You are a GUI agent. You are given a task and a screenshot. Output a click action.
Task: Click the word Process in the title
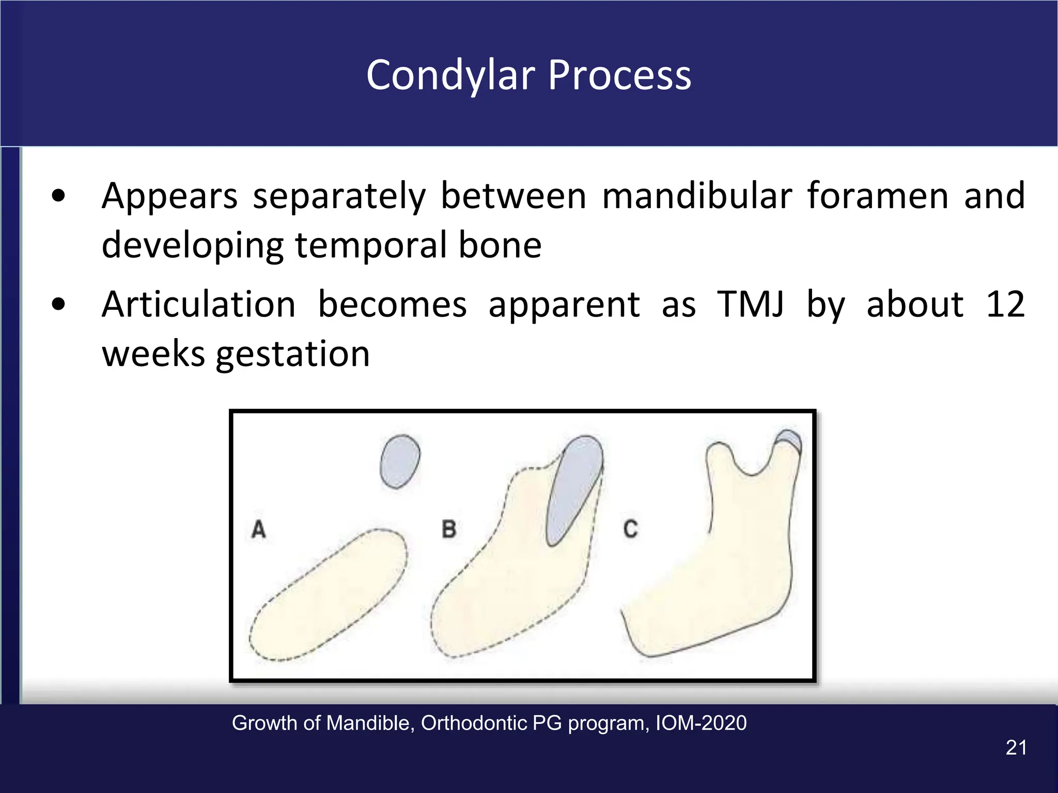tap(619, 76)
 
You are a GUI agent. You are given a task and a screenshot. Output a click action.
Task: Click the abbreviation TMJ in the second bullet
tap(750, 305)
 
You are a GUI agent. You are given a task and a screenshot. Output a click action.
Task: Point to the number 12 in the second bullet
tap(1005, 305)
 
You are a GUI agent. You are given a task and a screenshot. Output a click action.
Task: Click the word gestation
tap(292, 355)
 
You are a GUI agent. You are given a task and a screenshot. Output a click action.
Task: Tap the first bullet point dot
tap(59, 196)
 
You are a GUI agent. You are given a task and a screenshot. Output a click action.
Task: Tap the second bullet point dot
tap(59, 305)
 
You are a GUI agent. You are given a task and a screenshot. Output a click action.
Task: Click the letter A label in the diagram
tap(258, 529)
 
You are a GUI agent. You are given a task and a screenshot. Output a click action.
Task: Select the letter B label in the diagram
tap(448, 529)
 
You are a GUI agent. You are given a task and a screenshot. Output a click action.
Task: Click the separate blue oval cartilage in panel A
tap(399, 461)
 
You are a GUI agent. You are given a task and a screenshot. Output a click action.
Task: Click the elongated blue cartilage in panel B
tap(572, 488)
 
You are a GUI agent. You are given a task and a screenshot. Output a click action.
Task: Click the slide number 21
tap(1016, 748)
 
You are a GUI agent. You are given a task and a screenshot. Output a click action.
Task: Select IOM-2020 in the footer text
tap(701, 723)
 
